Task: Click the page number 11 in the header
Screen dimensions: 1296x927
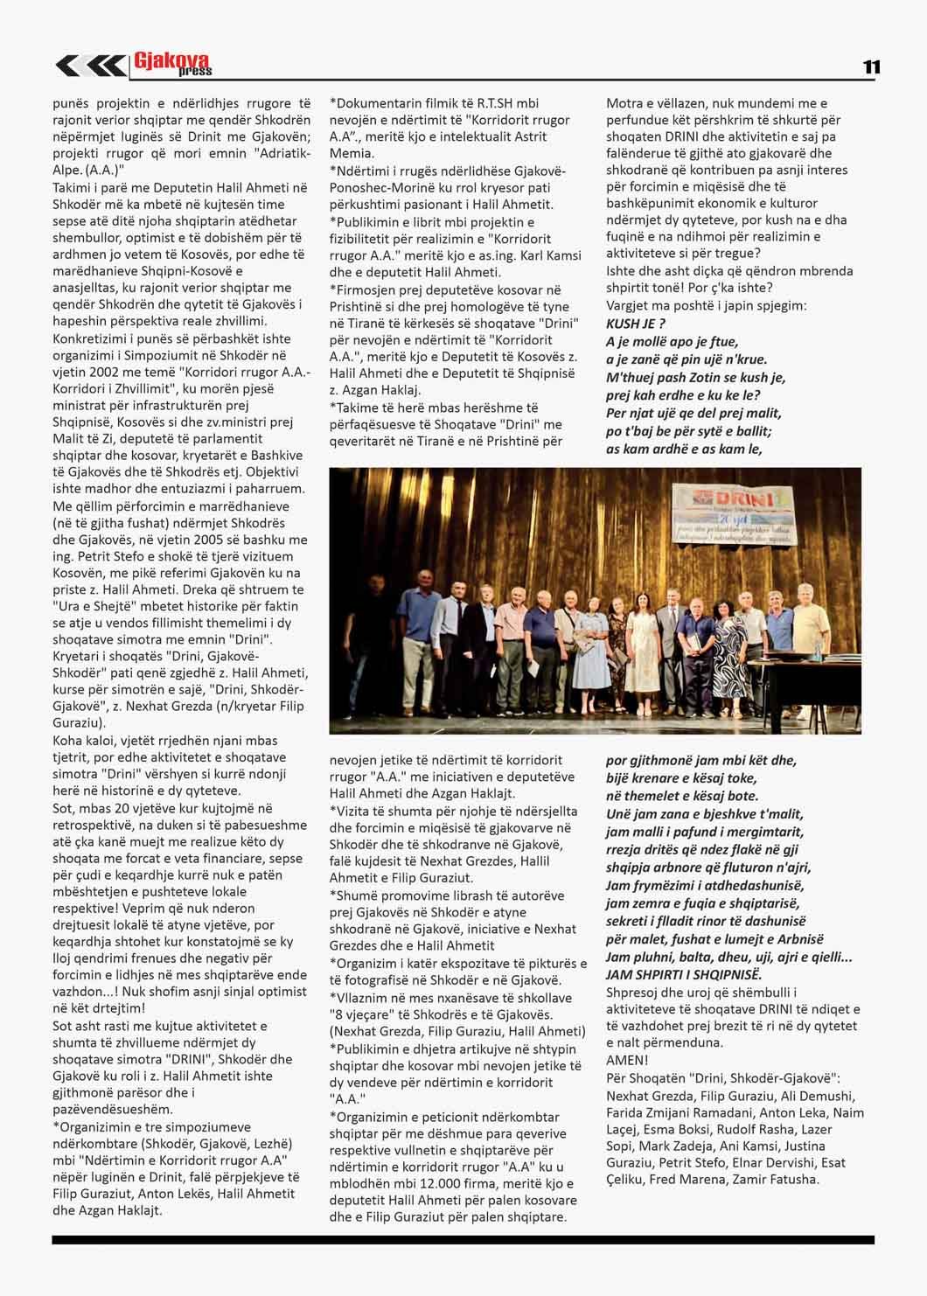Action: [x=871, y=67]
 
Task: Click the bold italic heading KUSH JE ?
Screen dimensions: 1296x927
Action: [x=637, y=324]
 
